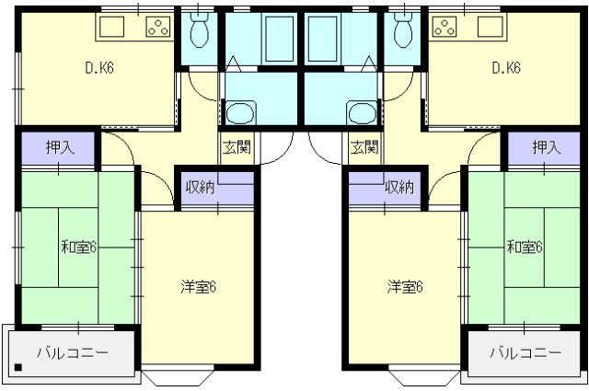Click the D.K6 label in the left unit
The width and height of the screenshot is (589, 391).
point(99,68)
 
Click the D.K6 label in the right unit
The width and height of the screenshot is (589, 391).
point(506,68)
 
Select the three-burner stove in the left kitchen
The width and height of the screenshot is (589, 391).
point(157,27)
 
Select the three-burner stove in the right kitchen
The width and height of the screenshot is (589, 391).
point(445,27)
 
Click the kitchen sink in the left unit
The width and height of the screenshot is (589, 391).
point(112,27)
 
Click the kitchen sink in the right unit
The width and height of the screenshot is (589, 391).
point(491,27)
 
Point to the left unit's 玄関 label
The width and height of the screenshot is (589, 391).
point(237,147)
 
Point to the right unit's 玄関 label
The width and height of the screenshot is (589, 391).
point(364,147)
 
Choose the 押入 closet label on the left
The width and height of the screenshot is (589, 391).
point(60,147)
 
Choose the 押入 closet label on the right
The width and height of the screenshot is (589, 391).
point(547,147)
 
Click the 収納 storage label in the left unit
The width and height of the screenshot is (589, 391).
point(201,187)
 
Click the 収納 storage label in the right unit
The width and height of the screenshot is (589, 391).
point(399,187)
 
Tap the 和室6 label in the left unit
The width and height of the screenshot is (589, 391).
point(79,247)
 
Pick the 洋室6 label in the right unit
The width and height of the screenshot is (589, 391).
point(405,287)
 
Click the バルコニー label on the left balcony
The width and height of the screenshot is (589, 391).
point(73,352)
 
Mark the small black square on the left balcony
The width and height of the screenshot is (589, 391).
point(18,367)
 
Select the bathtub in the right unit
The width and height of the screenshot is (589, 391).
point(322,39)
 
